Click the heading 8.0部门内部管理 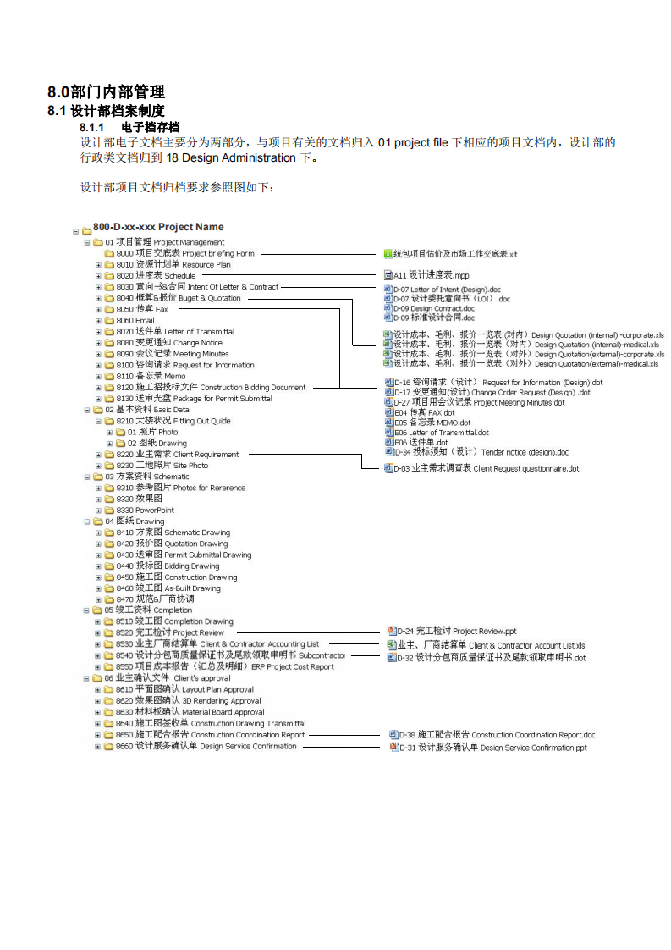pos(106,91)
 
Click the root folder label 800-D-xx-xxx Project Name pos(158,227)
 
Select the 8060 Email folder pos(135,321)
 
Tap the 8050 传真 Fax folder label pos(141,309)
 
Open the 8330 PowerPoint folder pos(145,511)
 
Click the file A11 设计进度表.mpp pos(432,275)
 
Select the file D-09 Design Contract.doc pos(433,308)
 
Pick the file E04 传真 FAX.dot pos(425,412)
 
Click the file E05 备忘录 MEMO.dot pos(432,423)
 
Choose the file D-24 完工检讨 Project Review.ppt pos(457,632)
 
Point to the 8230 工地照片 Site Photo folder pos(162,466)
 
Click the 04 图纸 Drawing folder pos(135,521)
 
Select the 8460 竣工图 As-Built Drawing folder pos(168,588)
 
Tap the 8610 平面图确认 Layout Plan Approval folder pos(184,689)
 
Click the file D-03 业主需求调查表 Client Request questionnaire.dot pos(487,468)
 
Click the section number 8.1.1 pos(91,127)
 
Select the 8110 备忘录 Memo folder pos(151,376)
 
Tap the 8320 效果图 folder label pos(140,499)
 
